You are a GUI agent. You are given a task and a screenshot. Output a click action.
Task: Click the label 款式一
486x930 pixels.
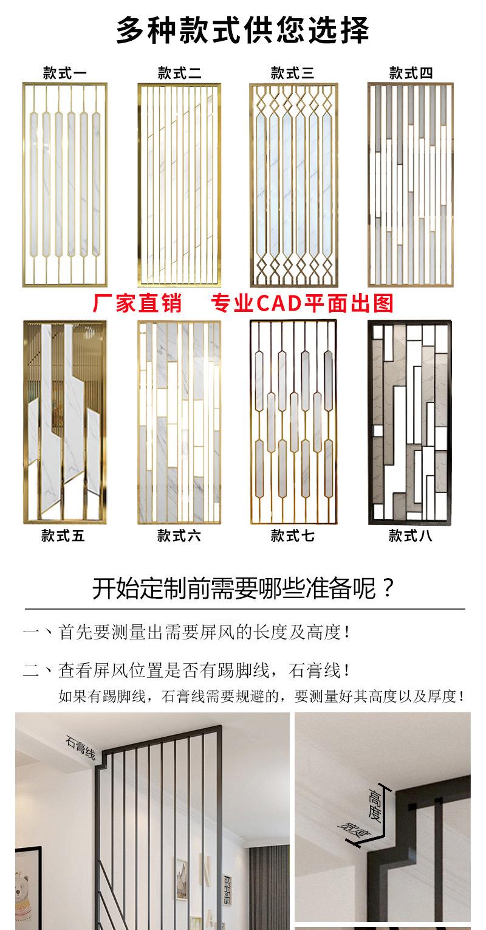[65, 74]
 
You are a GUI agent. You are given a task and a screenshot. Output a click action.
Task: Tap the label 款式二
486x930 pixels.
[179, 74]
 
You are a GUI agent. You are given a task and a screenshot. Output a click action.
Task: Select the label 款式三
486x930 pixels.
[293, 74]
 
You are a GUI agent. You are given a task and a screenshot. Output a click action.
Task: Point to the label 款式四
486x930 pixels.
[411, 74]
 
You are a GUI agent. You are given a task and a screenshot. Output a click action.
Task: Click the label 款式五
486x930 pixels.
[64, 536]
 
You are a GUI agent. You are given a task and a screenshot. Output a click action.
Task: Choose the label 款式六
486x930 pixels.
[179, 536]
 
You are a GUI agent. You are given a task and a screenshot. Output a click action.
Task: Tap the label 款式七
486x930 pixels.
[293, 536]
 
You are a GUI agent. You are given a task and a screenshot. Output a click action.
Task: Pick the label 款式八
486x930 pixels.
[411, 536]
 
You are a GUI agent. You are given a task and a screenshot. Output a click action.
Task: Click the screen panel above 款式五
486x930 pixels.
[64, 422]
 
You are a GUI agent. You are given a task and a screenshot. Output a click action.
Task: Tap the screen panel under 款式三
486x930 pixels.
[293, 185]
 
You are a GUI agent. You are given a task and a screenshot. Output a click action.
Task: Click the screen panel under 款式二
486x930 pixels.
[179, 185]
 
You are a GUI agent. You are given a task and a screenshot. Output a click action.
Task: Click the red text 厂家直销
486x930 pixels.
[137, 303]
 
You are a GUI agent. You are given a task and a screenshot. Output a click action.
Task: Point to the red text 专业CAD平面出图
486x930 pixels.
[302, 303]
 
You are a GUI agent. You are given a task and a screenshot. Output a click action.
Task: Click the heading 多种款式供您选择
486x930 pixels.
[242, 30]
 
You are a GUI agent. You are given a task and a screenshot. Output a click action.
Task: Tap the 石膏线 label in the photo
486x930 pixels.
[81, 748]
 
